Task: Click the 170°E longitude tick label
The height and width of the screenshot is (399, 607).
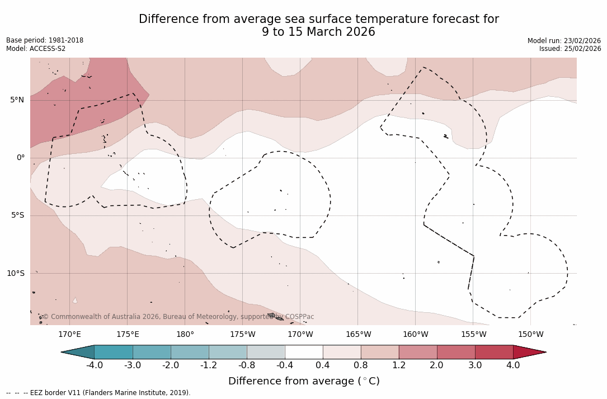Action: click(x=69, y=335)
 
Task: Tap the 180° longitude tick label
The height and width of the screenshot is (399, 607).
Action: click(x=185, y=335)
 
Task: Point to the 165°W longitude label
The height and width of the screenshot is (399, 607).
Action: click(x=358, y=335)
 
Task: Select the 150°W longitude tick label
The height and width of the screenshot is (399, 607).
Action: click(x=530, y=335)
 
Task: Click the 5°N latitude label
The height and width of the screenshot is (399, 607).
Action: click(x=17, y=100)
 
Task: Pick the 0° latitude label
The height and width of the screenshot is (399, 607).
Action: click(x=21, y=158)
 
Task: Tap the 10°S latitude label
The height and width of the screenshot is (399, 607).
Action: click(x=15, y=274)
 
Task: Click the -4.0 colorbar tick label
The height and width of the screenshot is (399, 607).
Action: click(x=94, y=365)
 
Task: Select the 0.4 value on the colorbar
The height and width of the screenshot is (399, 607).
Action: click(x=323, y=365)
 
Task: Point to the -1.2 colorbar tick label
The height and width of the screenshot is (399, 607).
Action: click(x=209, y=365)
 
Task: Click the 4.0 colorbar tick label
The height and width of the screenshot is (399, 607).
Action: click(x=513, y=365)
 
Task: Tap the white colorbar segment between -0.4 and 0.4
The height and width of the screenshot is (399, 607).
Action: click(x=304, y=352)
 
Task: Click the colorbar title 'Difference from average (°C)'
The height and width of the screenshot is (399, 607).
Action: click(x=304, y=382)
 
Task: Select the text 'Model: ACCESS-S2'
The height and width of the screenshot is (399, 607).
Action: click(x=36, y=49)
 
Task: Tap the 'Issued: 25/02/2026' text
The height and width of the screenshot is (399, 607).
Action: click(x=570, y=49)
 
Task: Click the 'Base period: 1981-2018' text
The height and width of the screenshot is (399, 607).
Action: click(x=45, y=40)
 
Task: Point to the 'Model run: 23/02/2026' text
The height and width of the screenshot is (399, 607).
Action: click(x=564, y=41)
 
